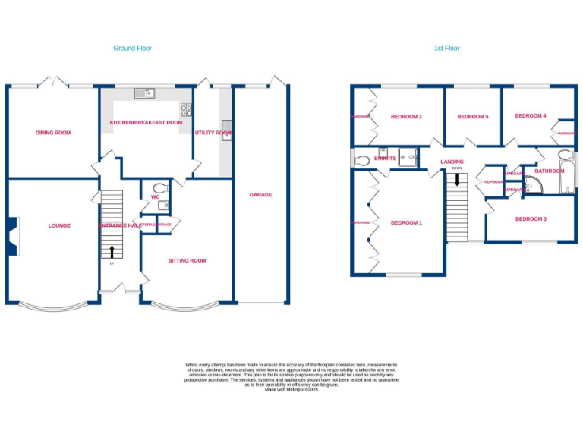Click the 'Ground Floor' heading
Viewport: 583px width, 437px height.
point(132,48)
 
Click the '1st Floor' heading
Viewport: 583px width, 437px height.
point(446,48)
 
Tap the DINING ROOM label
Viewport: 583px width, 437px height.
point(53,133)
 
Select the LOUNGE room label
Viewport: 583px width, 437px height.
point(59,225)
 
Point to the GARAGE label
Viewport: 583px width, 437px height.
point(260,195)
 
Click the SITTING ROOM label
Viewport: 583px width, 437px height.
point(187,260)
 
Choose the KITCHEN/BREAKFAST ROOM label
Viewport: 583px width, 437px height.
point(146,122)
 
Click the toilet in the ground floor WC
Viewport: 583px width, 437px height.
point(159,188)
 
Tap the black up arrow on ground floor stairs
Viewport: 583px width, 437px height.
point(112,252)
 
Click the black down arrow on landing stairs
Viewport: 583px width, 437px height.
point(457,180)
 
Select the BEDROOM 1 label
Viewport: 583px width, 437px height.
point(406,223)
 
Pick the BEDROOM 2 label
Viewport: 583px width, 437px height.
point(406,117)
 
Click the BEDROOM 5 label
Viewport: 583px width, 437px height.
point(472,117)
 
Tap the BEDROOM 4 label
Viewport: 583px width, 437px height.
point(530,115)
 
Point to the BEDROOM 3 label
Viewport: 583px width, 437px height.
point(531,219)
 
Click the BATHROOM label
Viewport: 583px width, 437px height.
point(549,171)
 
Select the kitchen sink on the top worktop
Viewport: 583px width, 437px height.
point(143,93)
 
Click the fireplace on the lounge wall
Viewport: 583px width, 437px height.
point(13,236)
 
